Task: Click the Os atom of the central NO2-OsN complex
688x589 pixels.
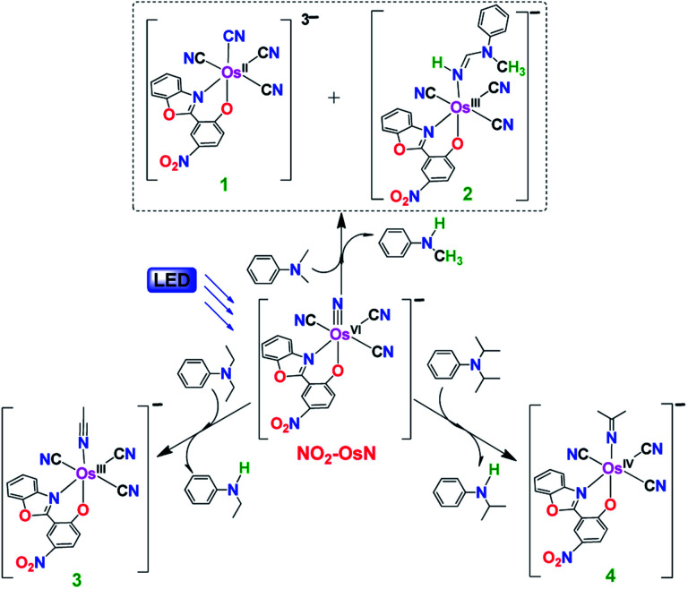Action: tap(342, 333)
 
